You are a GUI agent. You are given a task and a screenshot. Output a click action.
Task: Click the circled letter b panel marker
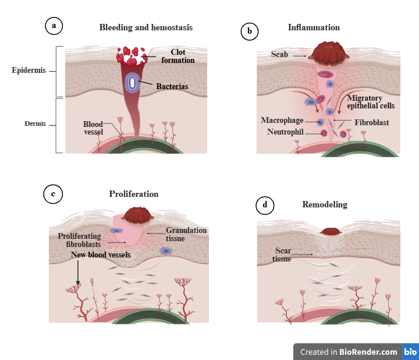point(249,31)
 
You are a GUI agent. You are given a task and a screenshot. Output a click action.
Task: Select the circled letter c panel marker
point(53,195)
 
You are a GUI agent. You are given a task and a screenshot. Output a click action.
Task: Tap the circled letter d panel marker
point(265,204)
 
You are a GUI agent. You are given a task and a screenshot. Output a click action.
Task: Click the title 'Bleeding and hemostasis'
point(145,27)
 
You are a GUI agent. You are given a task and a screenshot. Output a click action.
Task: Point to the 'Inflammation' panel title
point(314,27)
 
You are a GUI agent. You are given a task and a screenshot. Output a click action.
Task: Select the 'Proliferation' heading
point(134,194)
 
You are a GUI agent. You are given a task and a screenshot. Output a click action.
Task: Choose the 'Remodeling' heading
point(325,204)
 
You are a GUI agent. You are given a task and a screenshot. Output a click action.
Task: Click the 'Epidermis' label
point(29,71)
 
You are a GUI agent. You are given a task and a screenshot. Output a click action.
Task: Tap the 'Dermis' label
point(35,123)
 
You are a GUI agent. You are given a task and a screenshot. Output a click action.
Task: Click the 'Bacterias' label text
point(172,87)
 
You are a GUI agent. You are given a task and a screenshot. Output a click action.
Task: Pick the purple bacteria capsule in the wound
point(133,83)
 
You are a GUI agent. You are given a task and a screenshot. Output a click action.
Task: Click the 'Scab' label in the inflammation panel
point(280,54)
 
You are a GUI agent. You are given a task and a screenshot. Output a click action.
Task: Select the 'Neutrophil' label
point(285,132)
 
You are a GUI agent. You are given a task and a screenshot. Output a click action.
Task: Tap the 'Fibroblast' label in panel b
point(371,123)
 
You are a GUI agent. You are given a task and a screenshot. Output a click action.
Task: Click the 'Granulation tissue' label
point(186,234)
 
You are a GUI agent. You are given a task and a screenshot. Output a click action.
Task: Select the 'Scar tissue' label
point(283,255)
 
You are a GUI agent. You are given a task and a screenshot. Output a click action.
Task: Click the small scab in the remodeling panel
point(331,231)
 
